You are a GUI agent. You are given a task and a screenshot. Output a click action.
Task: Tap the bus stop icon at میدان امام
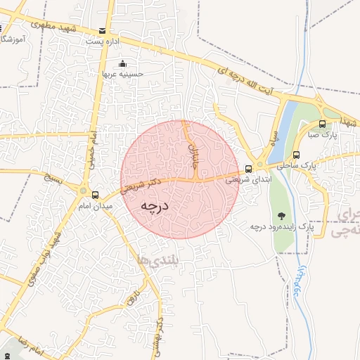(85, 192)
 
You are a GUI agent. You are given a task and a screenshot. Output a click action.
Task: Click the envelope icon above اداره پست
(103, 31)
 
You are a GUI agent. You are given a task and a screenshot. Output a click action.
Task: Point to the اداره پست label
(100, 42)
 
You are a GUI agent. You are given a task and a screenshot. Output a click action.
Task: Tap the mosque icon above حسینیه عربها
(123, 63)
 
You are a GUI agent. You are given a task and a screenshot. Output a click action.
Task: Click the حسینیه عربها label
(123, 73)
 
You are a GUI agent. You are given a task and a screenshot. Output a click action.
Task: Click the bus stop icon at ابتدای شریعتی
(248, 169)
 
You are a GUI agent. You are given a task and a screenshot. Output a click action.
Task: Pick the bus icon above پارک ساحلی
(297, 155)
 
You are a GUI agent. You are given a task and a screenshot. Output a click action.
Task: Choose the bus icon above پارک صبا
(322, 124)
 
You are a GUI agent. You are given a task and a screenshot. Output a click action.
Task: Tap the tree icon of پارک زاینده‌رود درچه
(281, 217)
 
